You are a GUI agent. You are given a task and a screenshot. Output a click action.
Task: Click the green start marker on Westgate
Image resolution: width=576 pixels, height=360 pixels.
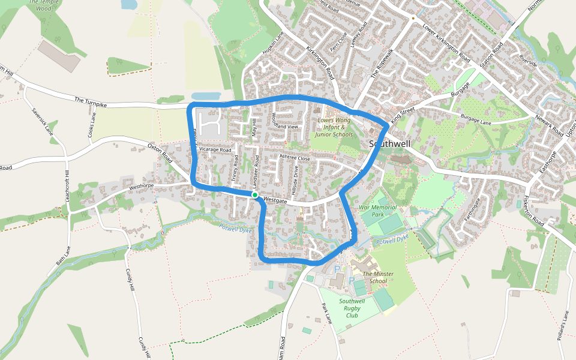click(255, 195)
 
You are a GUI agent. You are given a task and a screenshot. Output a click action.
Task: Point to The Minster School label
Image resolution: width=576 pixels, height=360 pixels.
click(378, 277)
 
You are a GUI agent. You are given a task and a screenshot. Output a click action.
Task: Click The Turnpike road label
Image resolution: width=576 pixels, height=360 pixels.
click(91, 101)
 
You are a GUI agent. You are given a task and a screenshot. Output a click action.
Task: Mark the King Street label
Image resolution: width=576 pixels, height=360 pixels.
click(403, 115)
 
